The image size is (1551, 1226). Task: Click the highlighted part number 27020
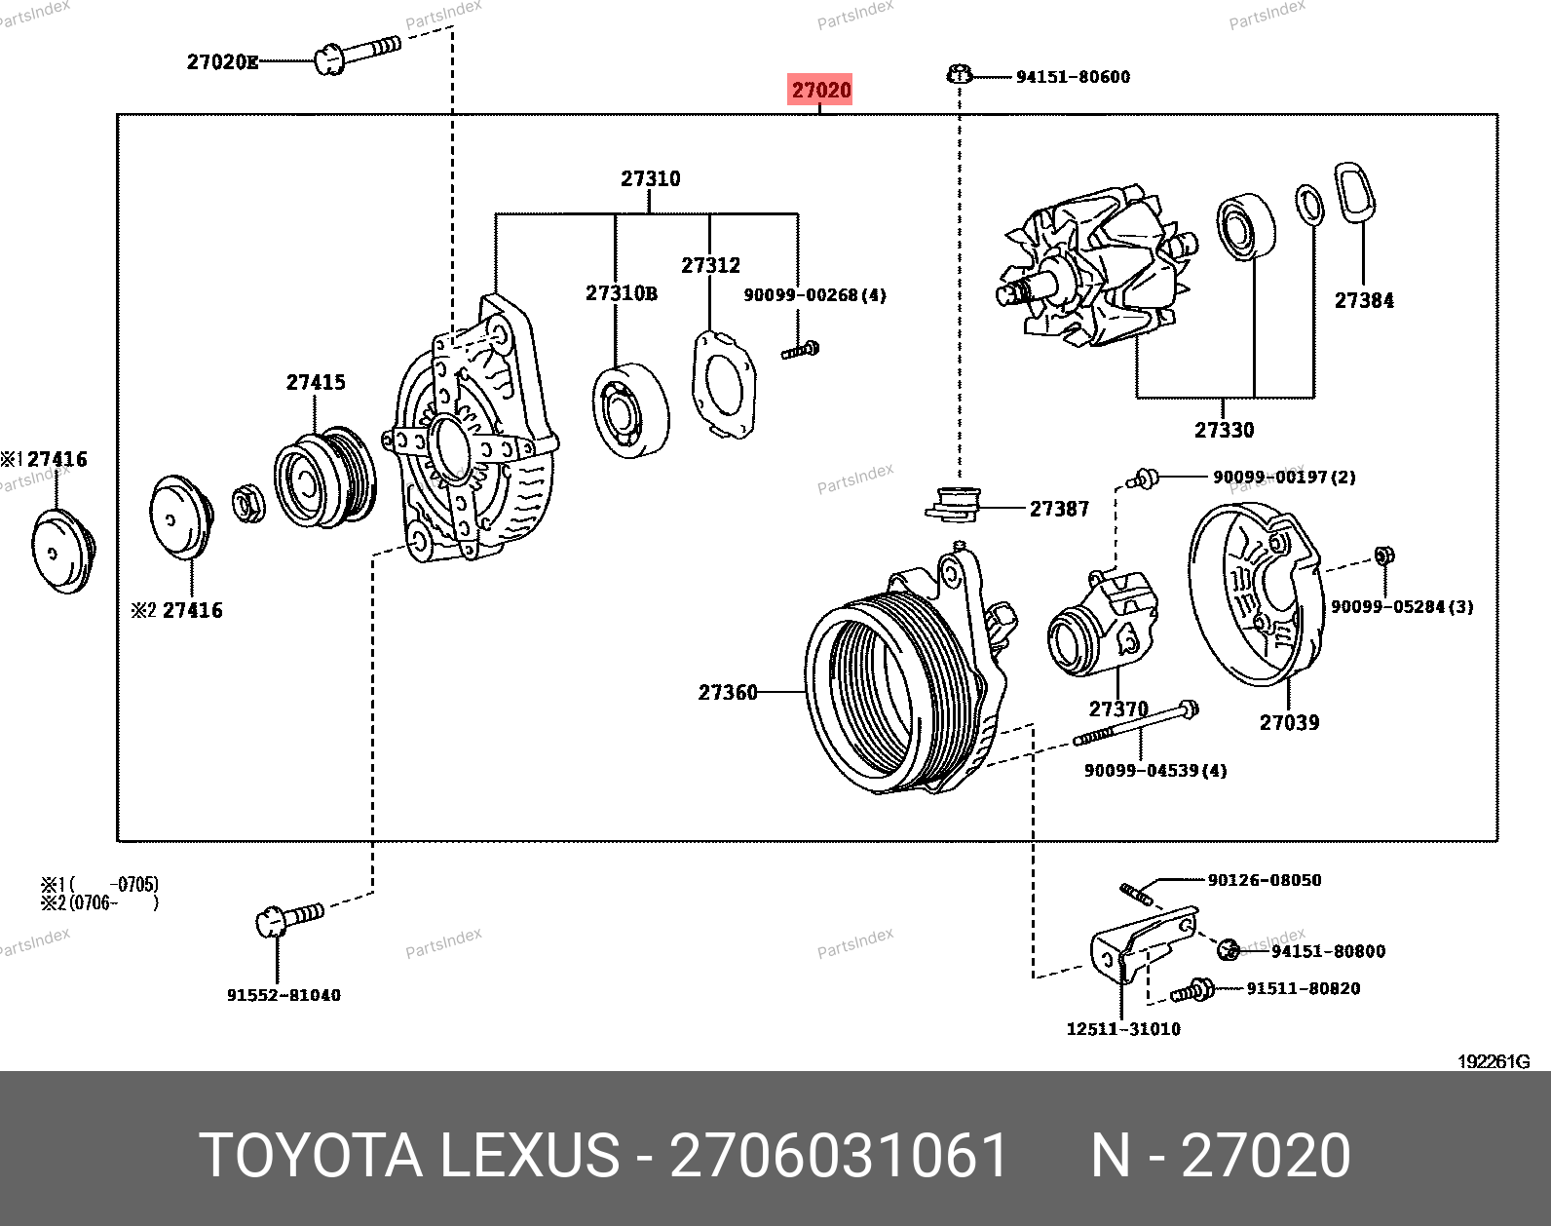click(820, 90)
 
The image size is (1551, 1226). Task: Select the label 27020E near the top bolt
click(222, 62)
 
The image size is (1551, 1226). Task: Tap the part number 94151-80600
click(1073, 77)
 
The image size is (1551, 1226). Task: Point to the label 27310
click(651, 178)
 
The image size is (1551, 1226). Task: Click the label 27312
click(710, 265)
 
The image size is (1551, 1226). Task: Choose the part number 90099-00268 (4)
click(814, 294)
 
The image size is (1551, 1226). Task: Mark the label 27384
click(1364, 300)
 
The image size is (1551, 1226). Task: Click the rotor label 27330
click(1225, 430)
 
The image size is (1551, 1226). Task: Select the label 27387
click(1059, 509)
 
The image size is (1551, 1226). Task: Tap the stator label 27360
click(728, 692)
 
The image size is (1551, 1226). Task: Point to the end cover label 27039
click(1289, 722)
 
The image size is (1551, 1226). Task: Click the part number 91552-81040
click(284, 995)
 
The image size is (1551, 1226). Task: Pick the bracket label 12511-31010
click(1123, 1028)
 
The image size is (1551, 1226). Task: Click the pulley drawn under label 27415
click(324, 478)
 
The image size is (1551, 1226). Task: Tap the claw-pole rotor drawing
click(1096, 268)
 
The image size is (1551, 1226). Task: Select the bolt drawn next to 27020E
click(357, 53)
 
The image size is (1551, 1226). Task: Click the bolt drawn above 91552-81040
click(288, 917)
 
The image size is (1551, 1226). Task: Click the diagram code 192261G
click(1494, 1061)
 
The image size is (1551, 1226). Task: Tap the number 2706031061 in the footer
click(838, 1156)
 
